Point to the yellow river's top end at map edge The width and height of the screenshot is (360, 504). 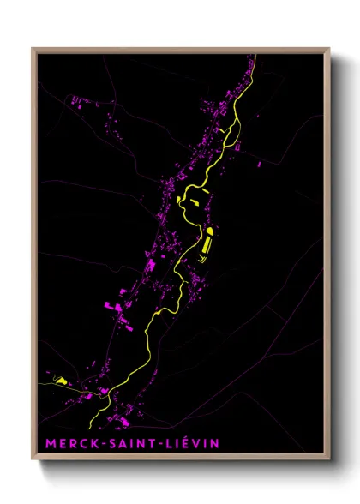(255, 57)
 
